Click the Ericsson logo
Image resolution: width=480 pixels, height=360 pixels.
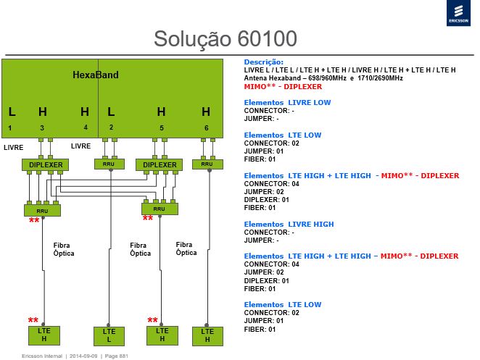click(x=458, y=13)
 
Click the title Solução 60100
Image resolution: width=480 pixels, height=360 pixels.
click(x=225, y=39)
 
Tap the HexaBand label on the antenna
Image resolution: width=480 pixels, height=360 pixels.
click(x=96, y=75)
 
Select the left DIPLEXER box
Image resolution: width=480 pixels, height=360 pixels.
click(x=45, y=165)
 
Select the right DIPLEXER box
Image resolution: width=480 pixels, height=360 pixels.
click(x=160, y=165)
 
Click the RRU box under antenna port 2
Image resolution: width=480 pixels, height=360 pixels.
click(x=109, y=164)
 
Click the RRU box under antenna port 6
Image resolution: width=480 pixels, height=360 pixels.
click(x=207, y=164)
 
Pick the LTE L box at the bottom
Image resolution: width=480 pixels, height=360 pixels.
click(x=109, y=336)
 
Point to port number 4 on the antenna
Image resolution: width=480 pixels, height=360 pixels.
click(x=86, y=127)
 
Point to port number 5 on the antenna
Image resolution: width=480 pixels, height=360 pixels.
click(x=161, y=128)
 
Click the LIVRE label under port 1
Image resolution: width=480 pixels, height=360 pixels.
click(x=14, y=148)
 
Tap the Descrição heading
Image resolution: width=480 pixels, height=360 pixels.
click(x=264, y=62)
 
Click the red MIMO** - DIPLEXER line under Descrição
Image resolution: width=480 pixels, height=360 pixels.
click(x=283, y=86)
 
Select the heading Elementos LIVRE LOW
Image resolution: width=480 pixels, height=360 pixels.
click(x=287, y=102)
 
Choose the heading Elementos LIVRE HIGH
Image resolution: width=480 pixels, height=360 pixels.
click(x=289, y=225)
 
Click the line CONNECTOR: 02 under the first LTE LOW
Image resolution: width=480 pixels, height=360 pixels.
click(x=271, y=143)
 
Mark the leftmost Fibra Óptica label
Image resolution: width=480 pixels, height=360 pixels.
click(x=64, y=249)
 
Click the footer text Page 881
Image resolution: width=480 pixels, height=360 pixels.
click(x=116, y=356)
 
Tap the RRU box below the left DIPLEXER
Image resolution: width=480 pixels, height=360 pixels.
click(x=42, y=211)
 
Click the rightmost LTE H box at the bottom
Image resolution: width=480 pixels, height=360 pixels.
click(x=207, y=336)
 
